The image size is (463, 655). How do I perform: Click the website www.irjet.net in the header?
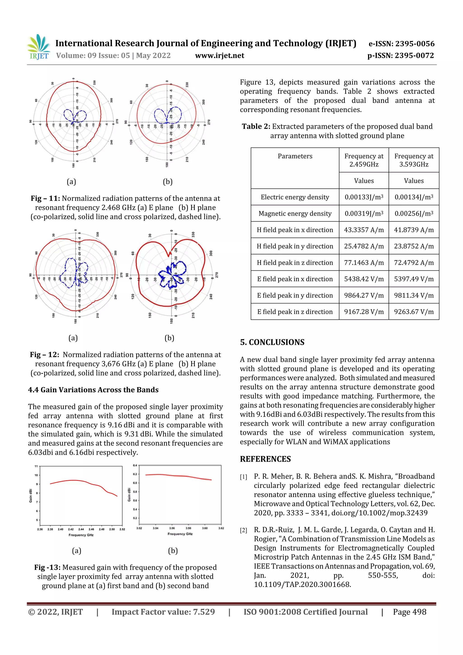[x=219, y=56]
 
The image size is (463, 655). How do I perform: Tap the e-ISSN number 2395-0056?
[x=414, y=44]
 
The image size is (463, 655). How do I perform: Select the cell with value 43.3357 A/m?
[x=364, y=230]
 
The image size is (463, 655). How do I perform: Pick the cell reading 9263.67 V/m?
[x=414, y=312]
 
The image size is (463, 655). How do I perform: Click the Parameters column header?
[x=295, y=156]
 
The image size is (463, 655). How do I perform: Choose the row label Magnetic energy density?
[x=295, y=214]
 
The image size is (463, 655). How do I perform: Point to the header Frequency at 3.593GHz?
[x=414, y=160]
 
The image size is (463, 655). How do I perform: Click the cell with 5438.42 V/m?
[x=364, y=279]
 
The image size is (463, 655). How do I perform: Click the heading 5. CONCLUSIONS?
[x=272, y=342]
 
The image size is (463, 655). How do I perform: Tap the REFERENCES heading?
[x=265, y=459]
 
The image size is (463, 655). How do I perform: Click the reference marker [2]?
[x=243, y=531]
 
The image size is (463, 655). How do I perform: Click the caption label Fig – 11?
[x=45, y=199]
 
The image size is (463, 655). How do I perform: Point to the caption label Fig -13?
[x=47, y=568]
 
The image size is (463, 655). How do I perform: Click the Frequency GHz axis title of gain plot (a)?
[x=81, y=535]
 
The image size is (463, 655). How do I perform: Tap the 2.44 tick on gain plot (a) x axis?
[x=81, y=530]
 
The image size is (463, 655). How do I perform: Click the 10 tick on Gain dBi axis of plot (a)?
[x=36, y=475]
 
